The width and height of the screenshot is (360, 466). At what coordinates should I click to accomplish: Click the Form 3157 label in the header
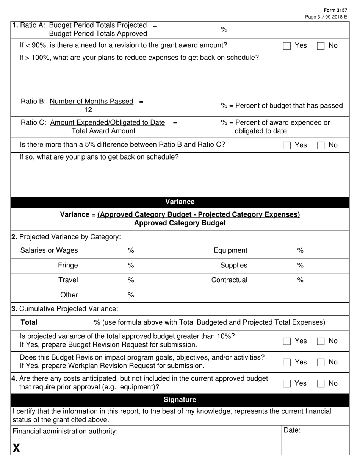click(x=335, y=10)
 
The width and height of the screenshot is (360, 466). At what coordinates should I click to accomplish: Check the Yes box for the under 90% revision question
click(x=287, y=46)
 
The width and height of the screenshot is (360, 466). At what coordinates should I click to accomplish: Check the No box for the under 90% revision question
click(x=321, y=46)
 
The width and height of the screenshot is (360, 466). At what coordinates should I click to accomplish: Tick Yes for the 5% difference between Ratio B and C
click(x=287, y=145)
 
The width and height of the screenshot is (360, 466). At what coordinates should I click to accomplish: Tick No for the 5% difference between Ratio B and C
click(x=321, y=145)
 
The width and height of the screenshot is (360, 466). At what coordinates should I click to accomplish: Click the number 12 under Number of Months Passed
click(x=88, y=110)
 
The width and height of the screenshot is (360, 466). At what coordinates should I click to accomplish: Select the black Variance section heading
click(x=180, y=202)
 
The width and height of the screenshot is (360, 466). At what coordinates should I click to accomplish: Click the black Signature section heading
click(x=180, y=400)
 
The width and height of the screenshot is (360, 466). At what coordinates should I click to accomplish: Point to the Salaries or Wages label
click(x=49, y=250)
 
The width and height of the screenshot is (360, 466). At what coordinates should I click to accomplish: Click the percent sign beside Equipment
click(x=300, y=250)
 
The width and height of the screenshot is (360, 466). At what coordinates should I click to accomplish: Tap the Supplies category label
click(x=233, y=265)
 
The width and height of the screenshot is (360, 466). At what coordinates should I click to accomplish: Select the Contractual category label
click(x=229, y=280)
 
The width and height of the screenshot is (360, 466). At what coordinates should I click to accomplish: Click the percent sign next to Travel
click(x=131, y=280)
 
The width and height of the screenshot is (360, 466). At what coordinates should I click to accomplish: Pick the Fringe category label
click(x=68, y=265)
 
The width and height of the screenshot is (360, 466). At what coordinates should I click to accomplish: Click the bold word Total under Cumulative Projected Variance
click(x=29, y=322)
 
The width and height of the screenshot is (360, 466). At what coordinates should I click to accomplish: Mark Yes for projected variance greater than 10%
click(x=287, y=341)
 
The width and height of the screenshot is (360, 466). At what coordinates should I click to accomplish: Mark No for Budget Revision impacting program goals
click(x=321, y=363)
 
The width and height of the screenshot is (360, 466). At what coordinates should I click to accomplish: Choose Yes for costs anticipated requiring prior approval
click(x=287, y=384)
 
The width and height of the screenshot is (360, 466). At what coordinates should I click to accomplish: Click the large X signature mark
click(x=16, y=449)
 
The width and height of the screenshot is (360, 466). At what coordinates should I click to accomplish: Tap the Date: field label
click(x=292, y=430)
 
